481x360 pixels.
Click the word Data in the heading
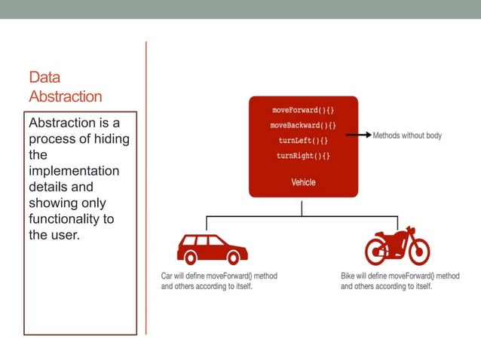[x=44, y=78]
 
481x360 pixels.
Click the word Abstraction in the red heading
[x=66, y=96]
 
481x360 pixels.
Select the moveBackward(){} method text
[x=303, y=125]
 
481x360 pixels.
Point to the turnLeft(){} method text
[x=303, y=140]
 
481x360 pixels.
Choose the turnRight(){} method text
[x=303, y=156]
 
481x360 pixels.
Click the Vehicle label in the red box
[x=303, y=182]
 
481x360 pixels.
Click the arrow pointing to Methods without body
[x=357, y=136]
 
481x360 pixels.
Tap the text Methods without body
[x=407, y=136]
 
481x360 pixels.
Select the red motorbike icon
[x=397, y=246]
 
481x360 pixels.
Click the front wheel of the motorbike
[x=417, y=252]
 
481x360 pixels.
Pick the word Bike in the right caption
[x=349, y=276]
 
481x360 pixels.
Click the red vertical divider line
[x=146, y=188]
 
